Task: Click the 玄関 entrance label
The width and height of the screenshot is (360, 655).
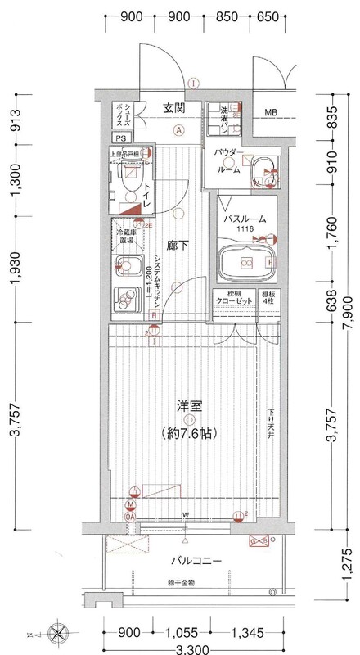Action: [173, 108]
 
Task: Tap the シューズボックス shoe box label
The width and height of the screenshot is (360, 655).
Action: [119, 112]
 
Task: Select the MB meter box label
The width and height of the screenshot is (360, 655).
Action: [269, 112]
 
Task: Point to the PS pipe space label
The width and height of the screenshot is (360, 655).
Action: [119, 139]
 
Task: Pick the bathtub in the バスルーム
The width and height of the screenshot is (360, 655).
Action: [246, 262]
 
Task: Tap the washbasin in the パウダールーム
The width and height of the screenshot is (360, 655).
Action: [264, 170]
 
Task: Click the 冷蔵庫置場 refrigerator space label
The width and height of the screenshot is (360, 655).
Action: [124, 237]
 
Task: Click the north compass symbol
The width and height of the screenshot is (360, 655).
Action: [57, 631]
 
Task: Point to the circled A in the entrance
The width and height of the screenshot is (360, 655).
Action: [178, 129]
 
